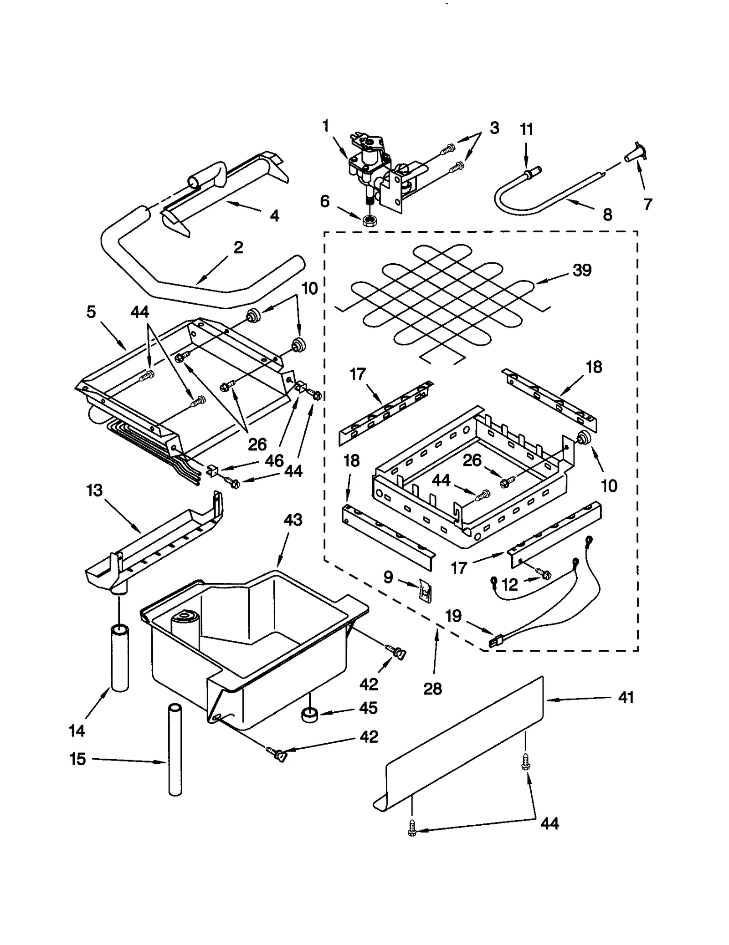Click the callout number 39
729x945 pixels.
click(582, 270)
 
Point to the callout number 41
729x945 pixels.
click(626, 697)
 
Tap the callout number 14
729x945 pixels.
click(77, 731)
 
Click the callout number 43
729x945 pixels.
click(293, 520)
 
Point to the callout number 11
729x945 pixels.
click(526, 129)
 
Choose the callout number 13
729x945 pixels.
click(94, 490)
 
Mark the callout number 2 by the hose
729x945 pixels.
click(238, 247)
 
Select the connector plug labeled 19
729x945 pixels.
click(493, 643)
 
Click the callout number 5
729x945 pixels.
click(91, 312)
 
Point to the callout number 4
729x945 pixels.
click(274, 215)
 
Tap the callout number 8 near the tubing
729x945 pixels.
click(607, 215)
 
